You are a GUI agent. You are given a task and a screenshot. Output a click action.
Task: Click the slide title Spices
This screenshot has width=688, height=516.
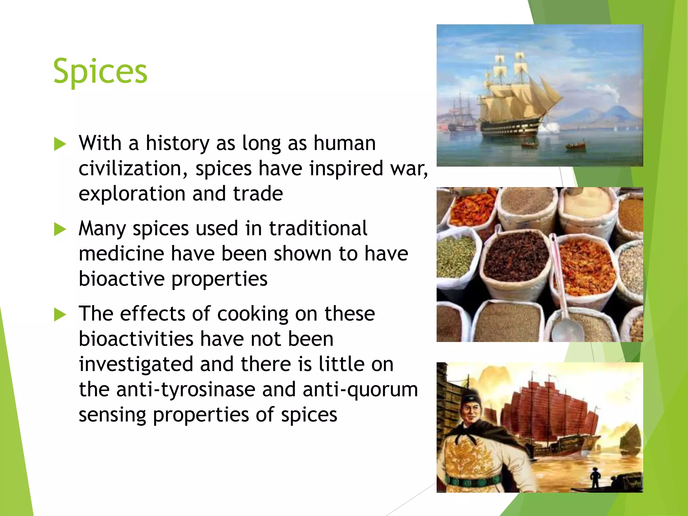[100, 71]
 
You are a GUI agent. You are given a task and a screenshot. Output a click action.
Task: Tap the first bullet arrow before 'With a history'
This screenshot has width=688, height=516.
[60, 144]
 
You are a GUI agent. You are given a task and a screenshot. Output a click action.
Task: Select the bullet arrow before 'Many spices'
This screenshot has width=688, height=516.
[60, 229]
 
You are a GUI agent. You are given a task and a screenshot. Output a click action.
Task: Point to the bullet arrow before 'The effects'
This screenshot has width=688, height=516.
[60, 315]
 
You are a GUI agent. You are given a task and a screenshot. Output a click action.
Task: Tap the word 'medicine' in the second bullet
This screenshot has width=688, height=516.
[121, 254]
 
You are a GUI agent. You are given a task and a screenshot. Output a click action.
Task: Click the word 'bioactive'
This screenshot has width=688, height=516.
[122, 279]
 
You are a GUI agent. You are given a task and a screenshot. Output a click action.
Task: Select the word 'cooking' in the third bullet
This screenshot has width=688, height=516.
[253, 314]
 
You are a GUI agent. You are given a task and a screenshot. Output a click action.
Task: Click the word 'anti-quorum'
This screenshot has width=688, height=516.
[360, 390]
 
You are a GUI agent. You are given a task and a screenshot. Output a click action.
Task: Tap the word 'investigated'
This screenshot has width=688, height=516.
[136, 364]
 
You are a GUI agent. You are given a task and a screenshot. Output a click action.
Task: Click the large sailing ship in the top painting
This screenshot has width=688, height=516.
[517, 101]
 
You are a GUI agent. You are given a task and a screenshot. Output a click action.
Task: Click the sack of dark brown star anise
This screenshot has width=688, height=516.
[516, 257]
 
